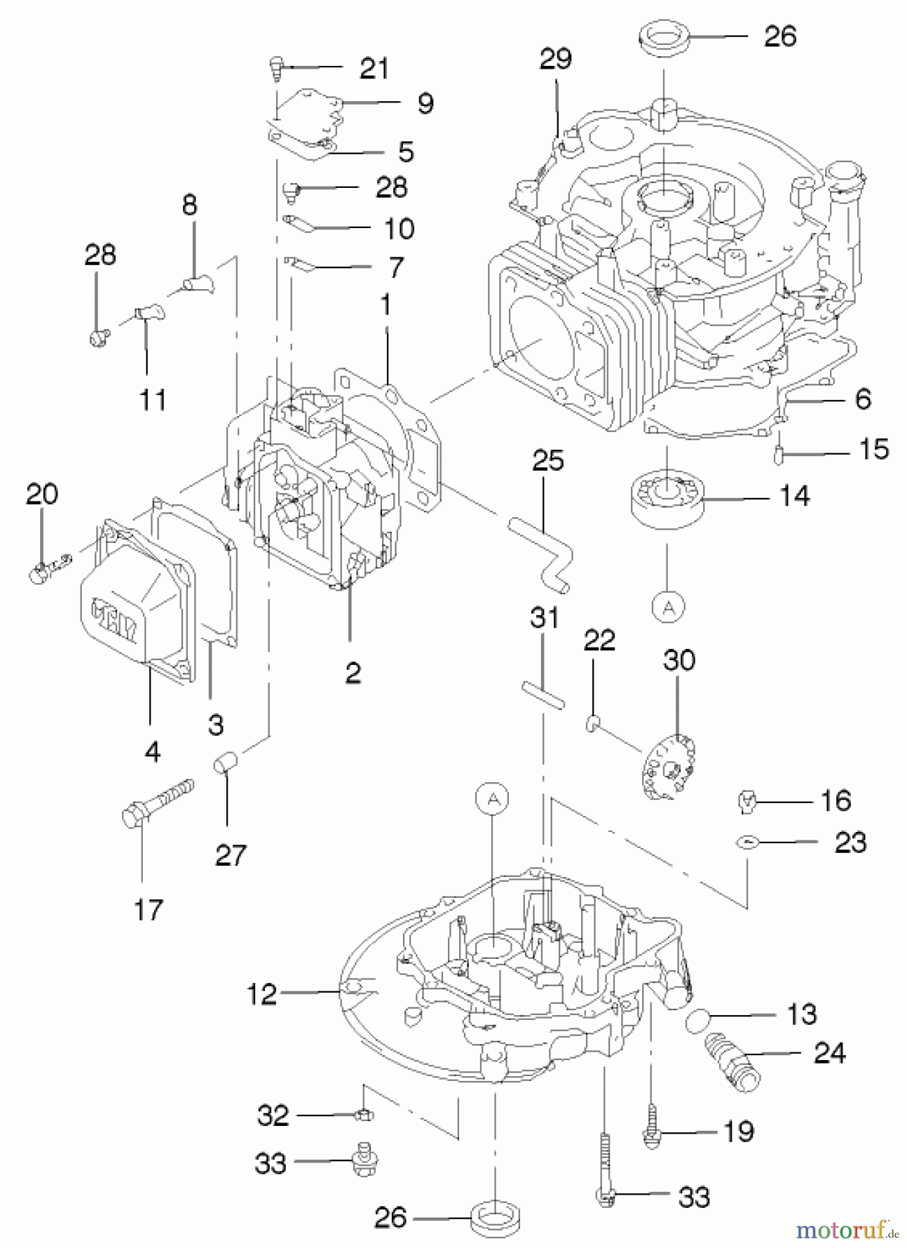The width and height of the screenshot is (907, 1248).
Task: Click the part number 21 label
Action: [374, 69]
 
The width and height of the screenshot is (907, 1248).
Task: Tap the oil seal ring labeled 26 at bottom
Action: [496, 1218]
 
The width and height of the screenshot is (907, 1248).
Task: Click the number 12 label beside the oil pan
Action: [262, 995]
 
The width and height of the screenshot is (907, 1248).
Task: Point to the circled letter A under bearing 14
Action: [668, 607]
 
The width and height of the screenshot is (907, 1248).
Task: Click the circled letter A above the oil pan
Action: [492, 799]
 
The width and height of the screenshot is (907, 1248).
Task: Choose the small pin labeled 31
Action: [543, 695]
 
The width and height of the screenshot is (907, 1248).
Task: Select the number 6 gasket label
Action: [863, 399]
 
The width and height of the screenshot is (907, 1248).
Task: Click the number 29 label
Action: [555, 59]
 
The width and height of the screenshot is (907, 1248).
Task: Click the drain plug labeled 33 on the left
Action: [361, 1163]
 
